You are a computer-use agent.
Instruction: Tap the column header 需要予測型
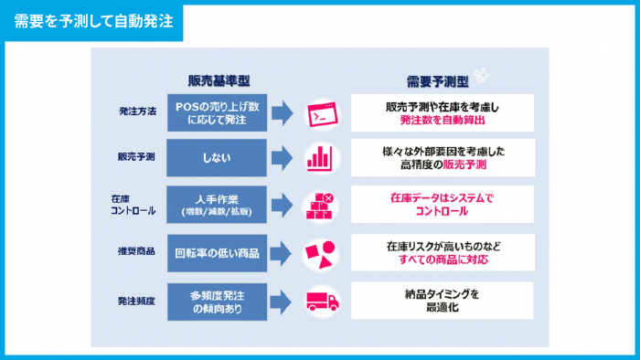(x=441, y=79)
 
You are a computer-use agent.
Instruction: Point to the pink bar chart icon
(x=321, y=157)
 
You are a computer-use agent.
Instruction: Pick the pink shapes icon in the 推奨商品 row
(x=320, y=252)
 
